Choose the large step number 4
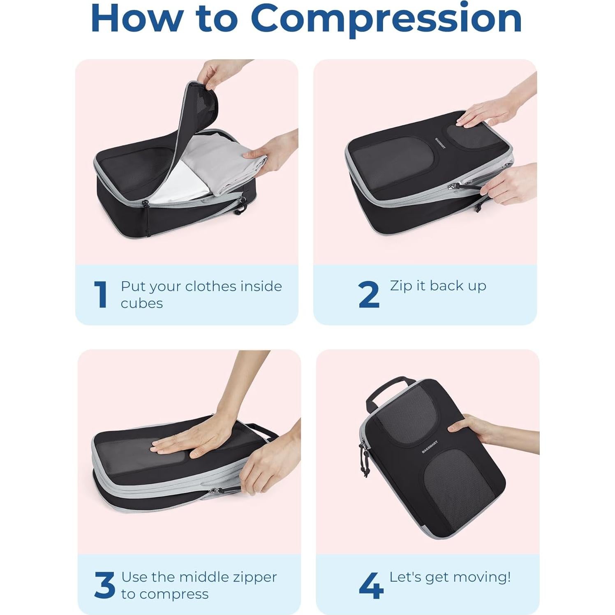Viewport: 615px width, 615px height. click(x=371, y=585)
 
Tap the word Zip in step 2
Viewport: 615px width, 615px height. click(x=401, y=286)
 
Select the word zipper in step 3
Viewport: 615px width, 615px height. click(x=255, y=577)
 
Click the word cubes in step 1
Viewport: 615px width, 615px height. click(x=142, y=303)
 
